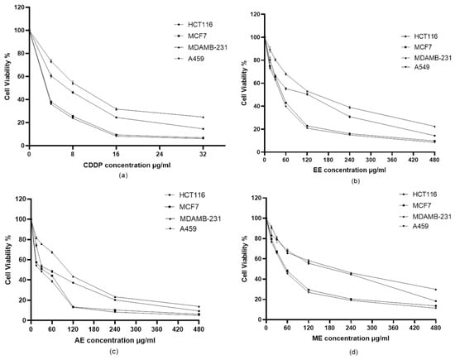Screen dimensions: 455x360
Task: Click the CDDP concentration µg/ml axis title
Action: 127,166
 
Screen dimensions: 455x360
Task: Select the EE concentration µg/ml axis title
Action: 350,170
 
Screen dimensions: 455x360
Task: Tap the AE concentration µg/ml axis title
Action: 115,340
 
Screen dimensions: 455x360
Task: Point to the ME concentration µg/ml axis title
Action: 351,338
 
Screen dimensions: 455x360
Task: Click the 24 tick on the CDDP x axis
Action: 160,154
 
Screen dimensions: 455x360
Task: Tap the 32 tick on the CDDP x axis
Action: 204,154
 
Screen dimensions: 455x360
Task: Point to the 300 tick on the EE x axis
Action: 371,160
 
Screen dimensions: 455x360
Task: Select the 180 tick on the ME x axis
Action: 329,328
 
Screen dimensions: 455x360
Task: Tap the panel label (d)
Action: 354,353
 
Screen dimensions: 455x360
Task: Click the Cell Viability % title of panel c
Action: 7,260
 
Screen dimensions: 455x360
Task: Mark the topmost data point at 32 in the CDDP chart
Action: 204,118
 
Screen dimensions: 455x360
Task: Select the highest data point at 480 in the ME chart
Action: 435,290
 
